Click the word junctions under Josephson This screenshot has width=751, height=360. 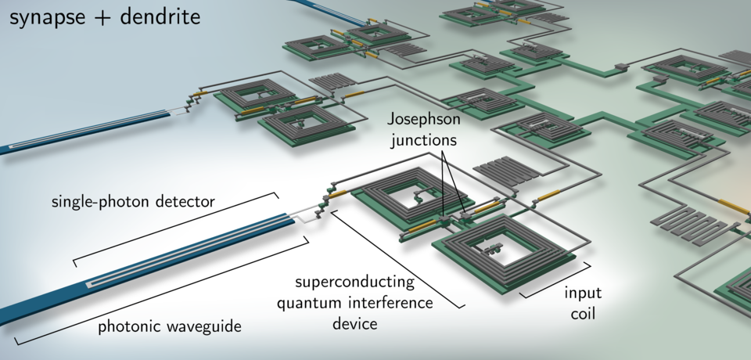tap(422, 141)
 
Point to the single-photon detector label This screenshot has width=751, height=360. tap(133, 202)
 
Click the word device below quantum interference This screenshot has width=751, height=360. tap(356, 322)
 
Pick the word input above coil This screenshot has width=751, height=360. tap(582, 294)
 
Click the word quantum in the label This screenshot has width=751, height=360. tap(304, 303)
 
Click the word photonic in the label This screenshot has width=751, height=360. tap(128, 327)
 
